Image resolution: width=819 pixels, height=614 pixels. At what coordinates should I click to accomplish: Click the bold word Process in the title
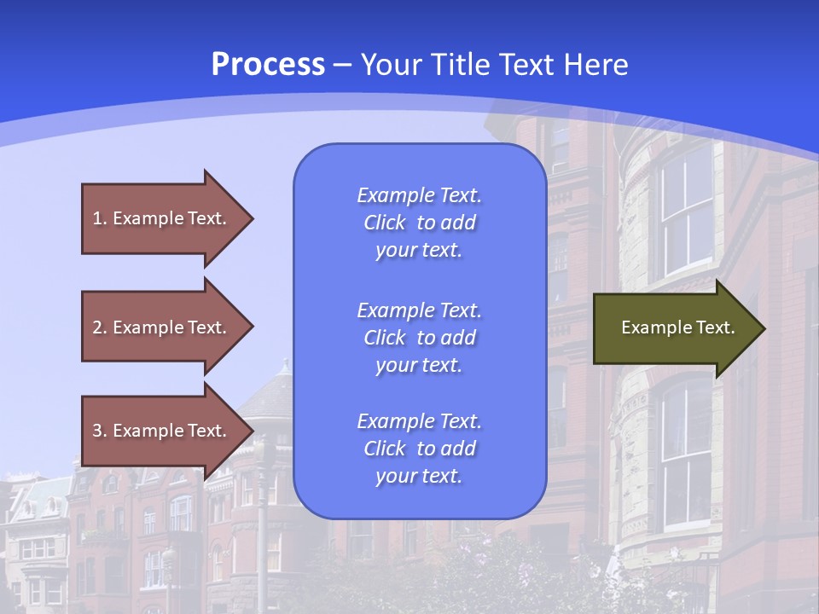[x=268, y=65]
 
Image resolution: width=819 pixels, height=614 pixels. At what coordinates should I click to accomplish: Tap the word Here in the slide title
[x=595, y=65]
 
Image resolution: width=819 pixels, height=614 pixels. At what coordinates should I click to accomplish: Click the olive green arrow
[x=674, y=328]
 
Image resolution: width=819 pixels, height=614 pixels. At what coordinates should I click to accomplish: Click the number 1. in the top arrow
[x=100, y=218]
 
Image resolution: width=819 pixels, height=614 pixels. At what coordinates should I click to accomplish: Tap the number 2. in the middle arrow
[x=100, y=327]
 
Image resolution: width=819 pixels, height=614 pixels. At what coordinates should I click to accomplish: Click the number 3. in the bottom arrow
[x=100, y=431]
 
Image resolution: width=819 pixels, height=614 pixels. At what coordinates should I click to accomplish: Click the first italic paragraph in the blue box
[x=419, y=223]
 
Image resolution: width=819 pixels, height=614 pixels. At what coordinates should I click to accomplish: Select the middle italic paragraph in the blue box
[x=419, y=338]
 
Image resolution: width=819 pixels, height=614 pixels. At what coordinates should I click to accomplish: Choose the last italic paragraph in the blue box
[x=419, y=449]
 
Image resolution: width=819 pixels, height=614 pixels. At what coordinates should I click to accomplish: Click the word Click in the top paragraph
[x=385, y=223]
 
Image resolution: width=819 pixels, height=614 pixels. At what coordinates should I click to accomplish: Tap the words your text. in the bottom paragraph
[x=419, y=477]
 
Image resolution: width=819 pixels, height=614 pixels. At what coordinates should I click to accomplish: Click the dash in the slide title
[x=343, y=65]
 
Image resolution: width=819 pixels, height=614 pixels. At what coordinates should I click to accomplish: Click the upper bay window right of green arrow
[x=687, y=209]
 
